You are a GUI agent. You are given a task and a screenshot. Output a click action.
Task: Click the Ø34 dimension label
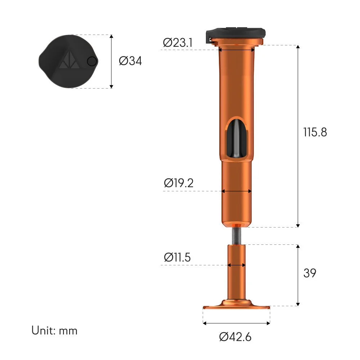click(x=130, y=61)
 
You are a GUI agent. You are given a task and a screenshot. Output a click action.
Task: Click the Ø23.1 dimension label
click(x=178, y=43)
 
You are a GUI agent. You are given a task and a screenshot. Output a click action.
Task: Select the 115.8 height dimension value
click(x=315, y=132)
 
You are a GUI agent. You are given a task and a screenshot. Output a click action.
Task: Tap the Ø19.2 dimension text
click(x=179, y=183)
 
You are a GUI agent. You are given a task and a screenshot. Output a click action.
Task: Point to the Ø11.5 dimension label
click(x=177, y=257)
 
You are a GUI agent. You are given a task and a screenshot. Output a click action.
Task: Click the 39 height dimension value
click(x=310, y=273)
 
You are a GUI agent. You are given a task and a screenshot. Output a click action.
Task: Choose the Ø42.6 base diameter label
click(x=235, y=337)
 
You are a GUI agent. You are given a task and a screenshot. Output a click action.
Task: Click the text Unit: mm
click(x=54, y=330)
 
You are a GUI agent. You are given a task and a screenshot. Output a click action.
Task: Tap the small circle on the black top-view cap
click(x=92, y=62)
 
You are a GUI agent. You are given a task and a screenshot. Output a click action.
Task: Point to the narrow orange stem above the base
click(x=237, y=274)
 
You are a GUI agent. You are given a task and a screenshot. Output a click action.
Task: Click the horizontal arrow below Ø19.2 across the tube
click(x=236, y=192)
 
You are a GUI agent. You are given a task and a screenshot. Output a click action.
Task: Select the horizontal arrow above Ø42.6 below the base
click(x=236, y=323)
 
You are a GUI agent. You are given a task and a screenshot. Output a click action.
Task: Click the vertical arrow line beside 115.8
click(x=298, y=136)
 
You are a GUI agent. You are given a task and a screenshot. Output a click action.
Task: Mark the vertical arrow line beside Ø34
click(x=111, y=61)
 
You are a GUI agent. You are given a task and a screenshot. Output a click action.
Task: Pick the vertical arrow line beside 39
click(x=298, y=275)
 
